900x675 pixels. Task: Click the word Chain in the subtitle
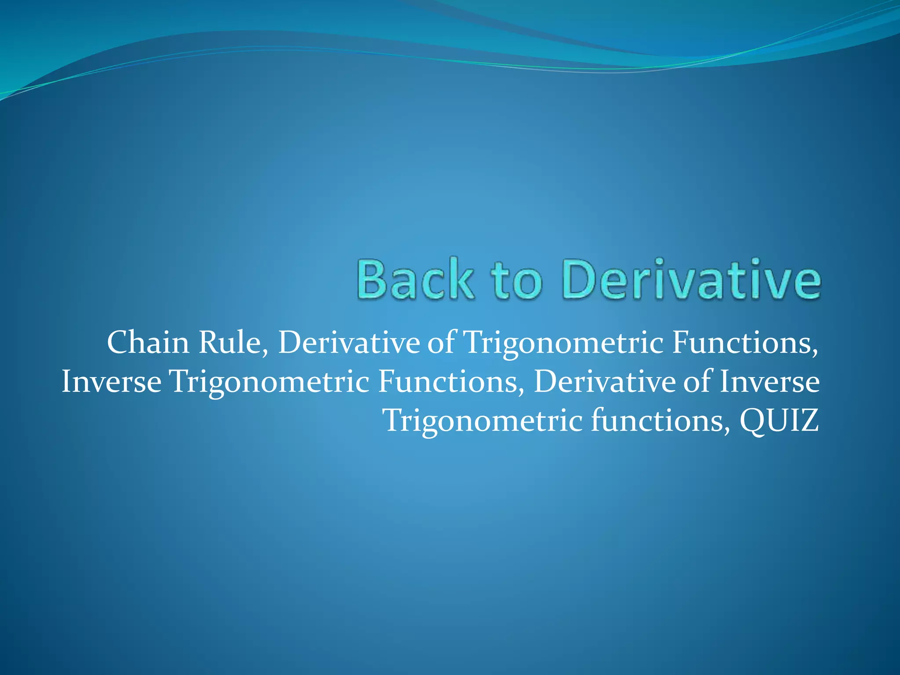point(148,342)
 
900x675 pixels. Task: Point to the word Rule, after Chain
point(233,342)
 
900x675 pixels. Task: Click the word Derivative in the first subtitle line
point(348,342)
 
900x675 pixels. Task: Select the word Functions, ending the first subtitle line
point(745,342)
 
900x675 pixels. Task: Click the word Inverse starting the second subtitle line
point(111,381)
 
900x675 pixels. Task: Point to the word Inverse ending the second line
point(769,381)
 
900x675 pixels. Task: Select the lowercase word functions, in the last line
point(660,421)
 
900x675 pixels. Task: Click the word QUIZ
point(779,421)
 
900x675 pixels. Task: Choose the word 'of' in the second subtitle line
point(697,381)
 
